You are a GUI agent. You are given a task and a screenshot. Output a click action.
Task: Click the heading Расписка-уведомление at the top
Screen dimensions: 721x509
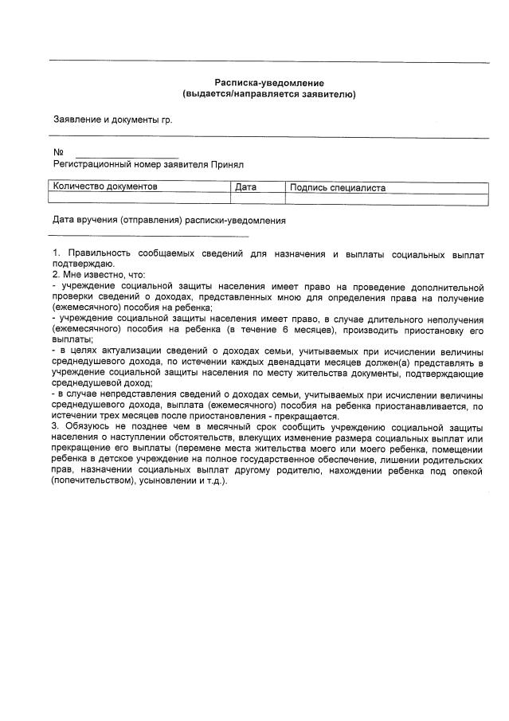tap(269, 83)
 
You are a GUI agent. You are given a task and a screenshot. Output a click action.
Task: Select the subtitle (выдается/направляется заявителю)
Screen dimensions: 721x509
tap(269, 94)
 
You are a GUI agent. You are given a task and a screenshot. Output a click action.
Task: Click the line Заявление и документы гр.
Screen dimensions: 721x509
tap(112, 120)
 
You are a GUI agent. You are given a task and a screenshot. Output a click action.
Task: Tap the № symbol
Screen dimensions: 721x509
tap(57, 153)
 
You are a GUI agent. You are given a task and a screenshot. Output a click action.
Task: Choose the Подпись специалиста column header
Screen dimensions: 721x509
tap(338, 188)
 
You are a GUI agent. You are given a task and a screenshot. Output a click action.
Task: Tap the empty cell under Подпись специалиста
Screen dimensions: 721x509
tap(386, 199)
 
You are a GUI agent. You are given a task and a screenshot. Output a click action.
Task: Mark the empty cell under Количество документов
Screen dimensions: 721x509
tap(140, 199)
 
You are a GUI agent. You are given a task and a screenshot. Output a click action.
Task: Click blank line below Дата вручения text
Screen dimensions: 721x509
tap(148, 236)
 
